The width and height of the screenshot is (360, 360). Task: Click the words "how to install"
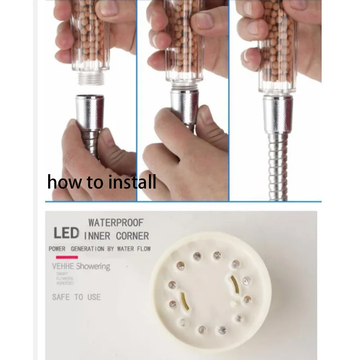point(102,182)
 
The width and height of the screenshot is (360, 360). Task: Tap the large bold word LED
point(66,233)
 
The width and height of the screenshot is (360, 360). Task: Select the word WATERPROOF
point(116,222)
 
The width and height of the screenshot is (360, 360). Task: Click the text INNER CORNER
point(116,235)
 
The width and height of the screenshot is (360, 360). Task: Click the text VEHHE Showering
point(81,266)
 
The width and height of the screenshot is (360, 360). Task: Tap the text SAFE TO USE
point(76,297)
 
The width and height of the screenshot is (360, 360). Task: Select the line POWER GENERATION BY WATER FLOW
point(99,249)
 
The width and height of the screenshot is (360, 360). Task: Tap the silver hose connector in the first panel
point(90,112)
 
